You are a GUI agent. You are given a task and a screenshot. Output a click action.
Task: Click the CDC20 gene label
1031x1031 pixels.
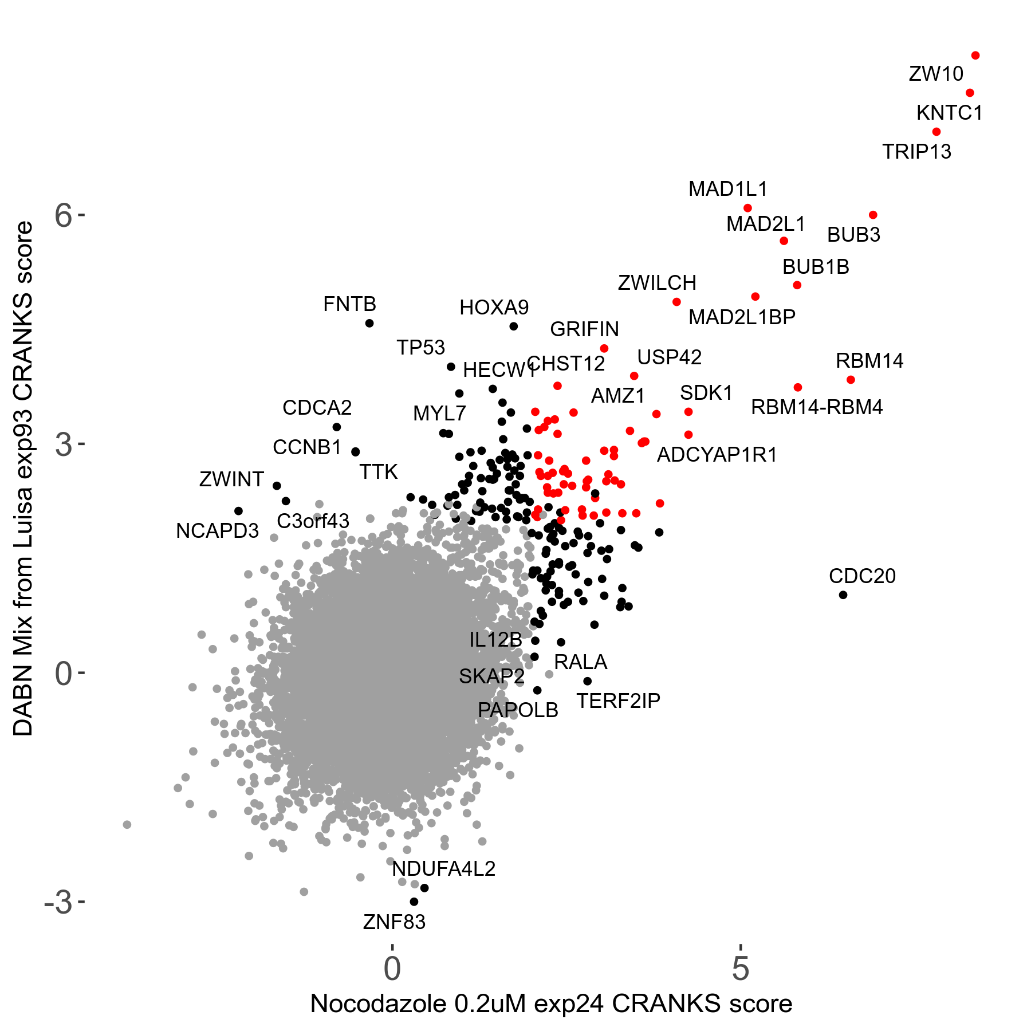862,576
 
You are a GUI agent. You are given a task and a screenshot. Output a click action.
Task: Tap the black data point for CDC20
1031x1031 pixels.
843,595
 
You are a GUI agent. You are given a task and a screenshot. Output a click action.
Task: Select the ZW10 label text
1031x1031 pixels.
936,74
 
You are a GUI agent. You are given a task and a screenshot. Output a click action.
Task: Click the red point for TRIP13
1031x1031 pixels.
936,132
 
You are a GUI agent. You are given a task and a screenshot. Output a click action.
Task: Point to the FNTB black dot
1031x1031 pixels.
369,323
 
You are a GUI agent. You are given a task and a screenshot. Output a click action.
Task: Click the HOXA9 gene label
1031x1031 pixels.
494,308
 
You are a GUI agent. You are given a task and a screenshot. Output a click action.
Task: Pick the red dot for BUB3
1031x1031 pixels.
873,215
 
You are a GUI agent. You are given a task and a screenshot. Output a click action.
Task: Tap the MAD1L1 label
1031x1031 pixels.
727,189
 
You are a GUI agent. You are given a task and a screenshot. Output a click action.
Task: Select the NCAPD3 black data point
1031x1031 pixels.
239,511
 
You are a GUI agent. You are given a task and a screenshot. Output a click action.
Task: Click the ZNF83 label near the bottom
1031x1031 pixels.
394,922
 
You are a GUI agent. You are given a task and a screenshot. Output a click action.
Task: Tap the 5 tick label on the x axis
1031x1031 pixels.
741,969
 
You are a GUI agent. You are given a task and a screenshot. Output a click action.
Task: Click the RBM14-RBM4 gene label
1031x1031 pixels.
817,407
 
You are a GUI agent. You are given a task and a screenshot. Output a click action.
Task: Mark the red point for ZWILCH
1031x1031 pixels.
676,302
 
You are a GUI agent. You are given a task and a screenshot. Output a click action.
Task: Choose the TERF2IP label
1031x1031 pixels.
618,701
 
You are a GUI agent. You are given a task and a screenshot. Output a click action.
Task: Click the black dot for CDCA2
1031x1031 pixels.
337,427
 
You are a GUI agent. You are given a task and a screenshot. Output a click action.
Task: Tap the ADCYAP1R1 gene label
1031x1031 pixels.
717,455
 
